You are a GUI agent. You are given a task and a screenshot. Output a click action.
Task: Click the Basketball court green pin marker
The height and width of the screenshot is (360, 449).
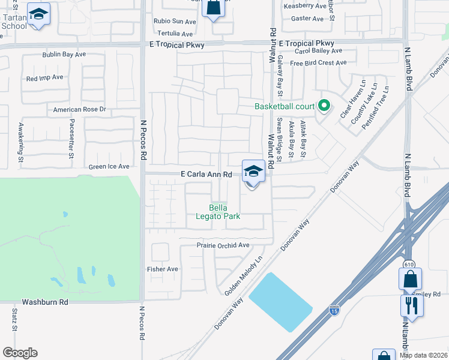pos(324,106)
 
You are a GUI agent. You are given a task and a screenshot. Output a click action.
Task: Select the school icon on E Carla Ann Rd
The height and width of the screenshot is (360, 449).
pos(253,172)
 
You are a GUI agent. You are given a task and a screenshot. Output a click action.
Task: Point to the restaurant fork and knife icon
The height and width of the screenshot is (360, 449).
pos(412,305)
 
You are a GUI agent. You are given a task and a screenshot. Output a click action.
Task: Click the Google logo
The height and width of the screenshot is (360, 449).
pos(20,353)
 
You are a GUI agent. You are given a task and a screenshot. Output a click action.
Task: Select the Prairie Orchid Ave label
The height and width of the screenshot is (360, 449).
pos(223,245)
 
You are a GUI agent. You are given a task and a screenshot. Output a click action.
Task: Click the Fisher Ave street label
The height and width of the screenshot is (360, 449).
pos(163,269)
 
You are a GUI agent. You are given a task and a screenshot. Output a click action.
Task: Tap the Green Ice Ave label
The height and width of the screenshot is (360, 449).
pos(109,167)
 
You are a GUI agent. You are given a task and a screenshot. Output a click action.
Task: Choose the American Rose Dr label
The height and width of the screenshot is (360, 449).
pos(79,110)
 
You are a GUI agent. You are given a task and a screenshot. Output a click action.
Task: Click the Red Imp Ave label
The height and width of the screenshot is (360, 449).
pos(44,78)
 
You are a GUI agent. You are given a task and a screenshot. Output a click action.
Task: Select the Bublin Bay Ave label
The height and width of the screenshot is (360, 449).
pos(64,55)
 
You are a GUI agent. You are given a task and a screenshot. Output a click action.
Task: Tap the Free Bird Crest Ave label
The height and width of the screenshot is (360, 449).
pos(318,63)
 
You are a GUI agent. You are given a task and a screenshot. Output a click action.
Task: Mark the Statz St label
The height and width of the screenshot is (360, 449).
pos(14,319)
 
